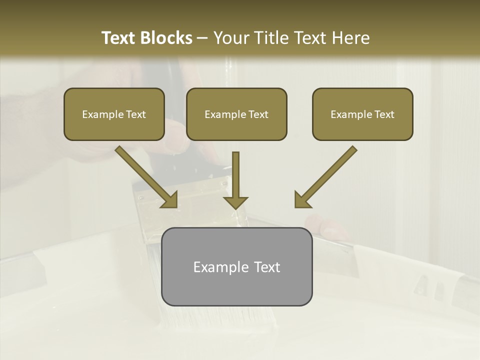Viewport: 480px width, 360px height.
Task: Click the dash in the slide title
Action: coord(202,38)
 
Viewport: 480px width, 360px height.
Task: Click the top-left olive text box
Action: coord(114,114)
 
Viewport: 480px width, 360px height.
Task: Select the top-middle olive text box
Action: coord(236,114)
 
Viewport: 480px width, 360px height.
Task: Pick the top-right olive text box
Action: coord(362,114)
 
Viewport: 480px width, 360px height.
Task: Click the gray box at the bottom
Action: coord(236,266)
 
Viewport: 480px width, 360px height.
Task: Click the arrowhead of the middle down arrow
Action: coord(235,202)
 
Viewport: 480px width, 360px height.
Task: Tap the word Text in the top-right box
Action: coord(384,114)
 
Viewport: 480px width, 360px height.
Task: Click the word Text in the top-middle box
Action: coord(258,114)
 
